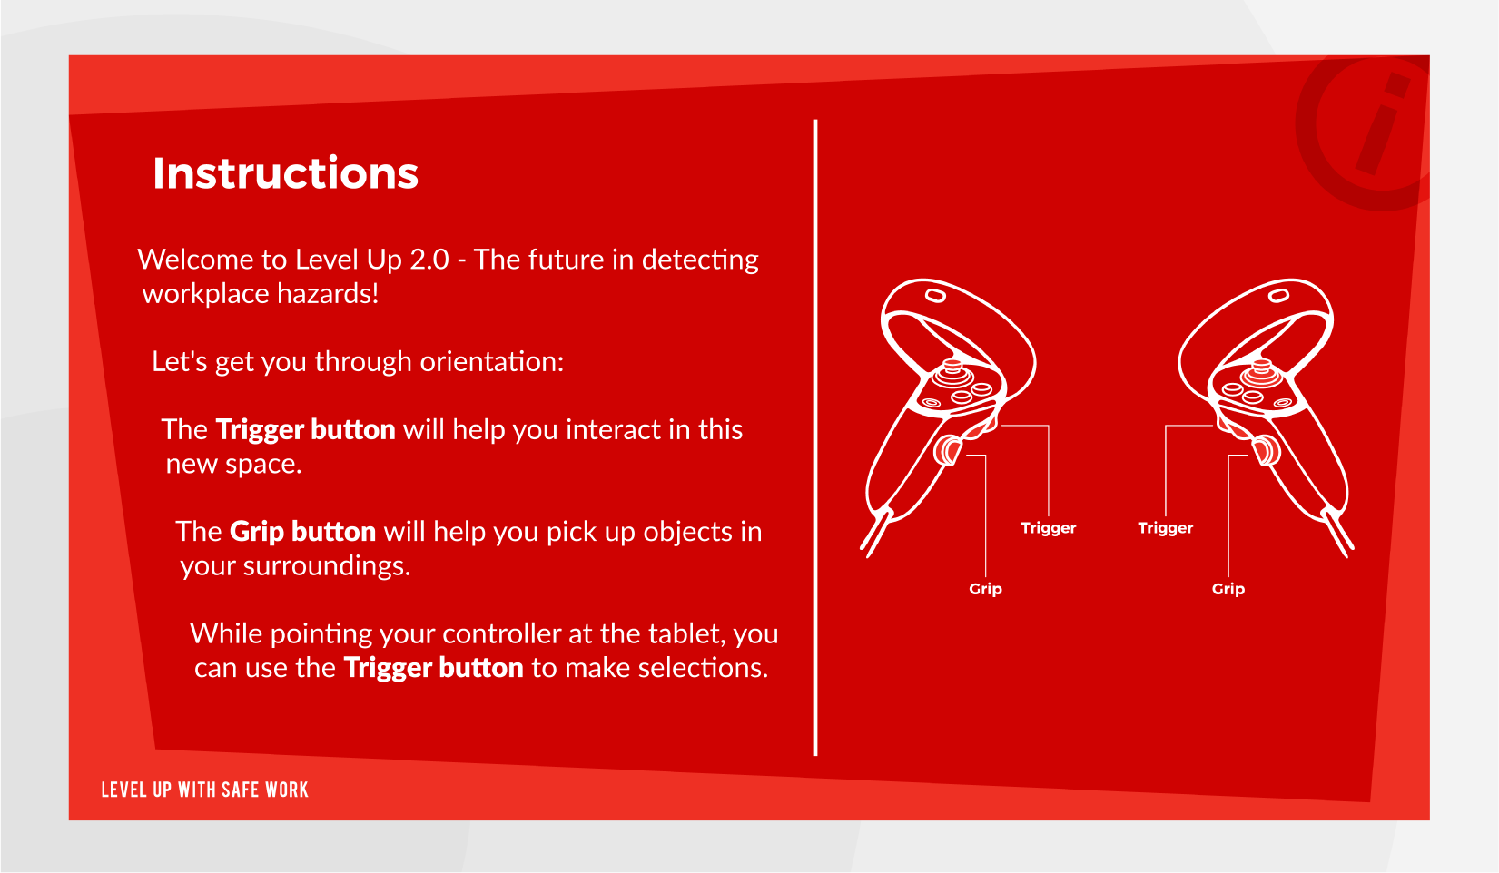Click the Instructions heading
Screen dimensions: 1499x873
(x=285, y=173)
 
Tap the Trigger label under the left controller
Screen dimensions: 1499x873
(x=1048, y=528)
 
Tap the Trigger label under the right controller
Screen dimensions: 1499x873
(x=1165, y=528)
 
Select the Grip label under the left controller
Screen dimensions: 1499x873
(x=985, y=589)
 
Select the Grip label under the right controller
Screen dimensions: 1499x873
(x=1228, y=589)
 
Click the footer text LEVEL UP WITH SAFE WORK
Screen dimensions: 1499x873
(x=205, y=790)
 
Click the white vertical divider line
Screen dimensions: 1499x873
(x=815, y=437)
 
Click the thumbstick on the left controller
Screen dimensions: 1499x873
(x=952, y=372)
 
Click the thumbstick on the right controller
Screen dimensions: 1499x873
(x=1261, y=372)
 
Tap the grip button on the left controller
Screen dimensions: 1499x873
(x=948, y=450)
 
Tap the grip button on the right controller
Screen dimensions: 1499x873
(x=1267, y=450)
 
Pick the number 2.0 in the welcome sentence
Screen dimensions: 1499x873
(x=429, y=260)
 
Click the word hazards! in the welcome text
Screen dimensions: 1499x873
(x=328, y=294)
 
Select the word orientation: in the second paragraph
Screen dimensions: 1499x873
(x=492, y=362)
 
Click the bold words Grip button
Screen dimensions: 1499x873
(x=302, y=532)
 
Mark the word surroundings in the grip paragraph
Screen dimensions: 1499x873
(x=324, y=567)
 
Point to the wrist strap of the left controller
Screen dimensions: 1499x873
(x=876, y=533)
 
